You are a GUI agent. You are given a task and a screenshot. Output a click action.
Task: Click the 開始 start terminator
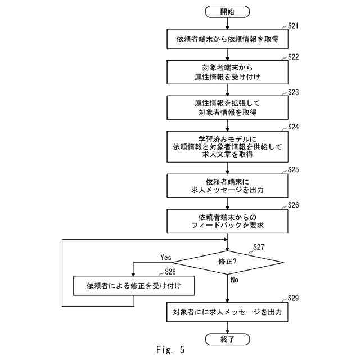pyautogui.click(x=227, y=12)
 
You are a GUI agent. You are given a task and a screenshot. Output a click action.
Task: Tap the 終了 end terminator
pyautogui.click(x=227, y=339)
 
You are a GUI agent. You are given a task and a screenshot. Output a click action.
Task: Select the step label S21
pyautogui.click(x=294, y=26)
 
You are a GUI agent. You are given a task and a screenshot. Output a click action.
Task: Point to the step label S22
pyautogui.click(x=294, y=57)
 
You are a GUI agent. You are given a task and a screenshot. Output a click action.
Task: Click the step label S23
pyautogui.click(x=294, y=92)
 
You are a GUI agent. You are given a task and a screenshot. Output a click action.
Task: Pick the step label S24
pyautogui.click(x=294, y=127)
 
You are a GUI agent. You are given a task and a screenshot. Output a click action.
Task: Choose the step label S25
pyautogui.click(x=294, y=169)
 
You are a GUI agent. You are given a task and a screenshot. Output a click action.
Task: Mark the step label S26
pyautogui.click(x=294, y=205)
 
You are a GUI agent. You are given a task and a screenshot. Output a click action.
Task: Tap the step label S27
pyautogui.click(x=259, y=247)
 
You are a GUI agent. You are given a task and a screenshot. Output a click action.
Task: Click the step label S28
pyautogui.click(x=170, y=272)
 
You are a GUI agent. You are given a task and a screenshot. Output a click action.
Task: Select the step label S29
pyautogui.click(x=294, y=298)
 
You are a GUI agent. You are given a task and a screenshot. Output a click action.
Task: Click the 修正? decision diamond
pyautogui.click(x=227, y=262)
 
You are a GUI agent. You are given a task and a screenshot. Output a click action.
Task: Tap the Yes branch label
pyautogui.click(x=166, y=258)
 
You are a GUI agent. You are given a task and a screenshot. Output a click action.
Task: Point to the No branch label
pyautogui.click(x=235, y=280)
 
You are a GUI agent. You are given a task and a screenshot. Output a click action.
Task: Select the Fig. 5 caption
pyautogui.click(x=170, y=350)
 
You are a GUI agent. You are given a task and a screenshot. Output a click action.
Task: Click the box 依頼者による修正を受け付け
pyautogui.click(x=134, y=286)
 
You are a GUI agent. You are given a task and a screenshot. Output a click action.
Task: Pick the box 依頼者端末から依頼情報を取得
pyautogui.click(x=227, y=39)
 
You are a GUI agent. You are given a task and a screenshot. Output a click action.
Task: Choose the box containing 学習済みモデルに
pyautogui.click(x=227, y=147)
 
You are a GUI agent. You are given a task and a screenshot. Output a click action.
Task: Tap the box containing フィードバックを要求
pyautogui.click(x=227, y=221)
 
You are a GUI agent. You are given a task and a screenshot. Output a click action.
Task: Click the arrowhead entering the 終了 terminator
pyautogui.click(x=227, y=331)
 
